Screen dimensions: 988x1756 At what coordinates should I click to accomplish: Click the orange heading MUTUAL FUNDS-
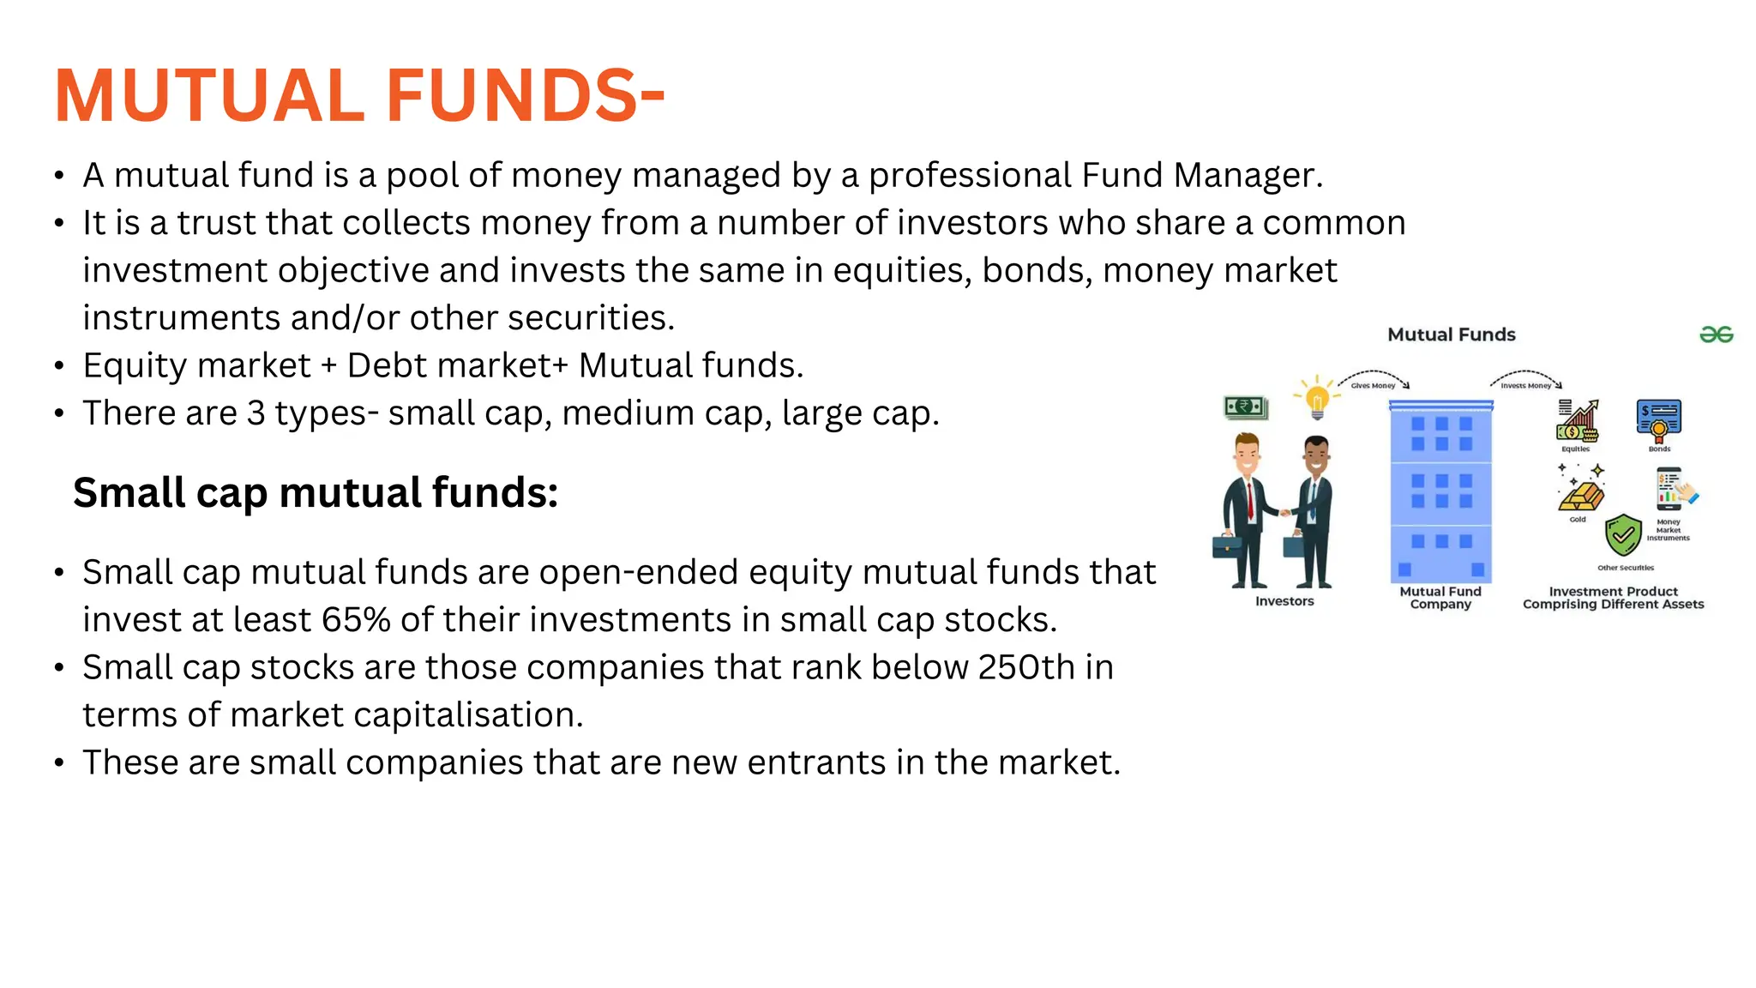click(359, 95)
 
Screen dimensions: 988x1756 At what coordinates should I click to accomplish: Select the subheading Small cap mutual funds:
click(316, 493)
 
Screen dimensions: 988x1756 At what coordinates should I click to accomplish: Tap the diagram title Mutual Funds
click(1451, 334)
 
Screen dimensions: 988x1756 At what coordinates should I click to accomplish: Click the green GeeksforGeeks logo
click(1716, 334)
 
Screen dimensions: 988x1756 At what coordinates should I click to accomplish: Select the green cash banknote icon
click(1246, 407)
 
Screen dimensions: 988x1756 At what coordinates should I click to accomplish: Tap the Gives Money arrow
click(1374, 378)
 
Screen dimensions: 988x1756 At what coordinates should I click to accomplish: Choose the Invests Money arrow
click(1526, 378)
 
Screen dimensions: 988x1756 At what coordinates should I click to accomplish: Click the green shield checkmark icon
click(1623, 536)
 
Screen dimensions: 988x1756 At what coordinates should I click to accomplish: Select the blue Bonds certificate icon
click(1658, 419)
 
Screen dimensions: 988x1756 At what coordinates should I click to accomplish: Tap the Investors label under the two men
click(1284, 601)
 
